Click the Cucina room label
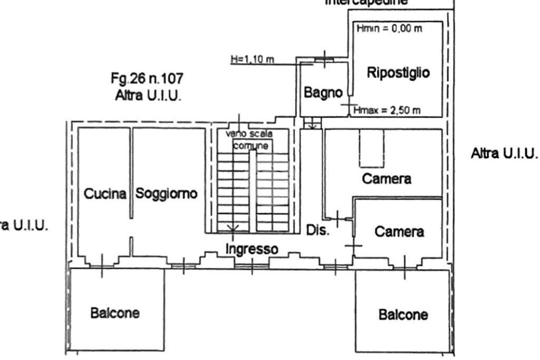click(x=105, y=194)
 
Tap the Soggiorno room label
click(x=166, y=193)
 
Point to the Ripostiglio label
click(x=398, y=73)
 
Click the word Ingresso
click(x=252, y=248)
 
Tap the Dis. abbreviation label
click(x=318, y=230)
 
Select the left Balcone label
click(x=115, y=313)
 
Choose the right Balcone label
click(x=403, y=315)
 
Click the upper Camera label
click(x=387, y=179)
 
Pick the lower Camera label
click(x=399, y=231)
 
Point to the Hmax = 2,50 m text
click(x=387, y=110)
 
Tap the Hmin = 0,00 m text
click(x=389, y=28)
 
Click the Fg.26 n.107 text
click(x=147, y=79)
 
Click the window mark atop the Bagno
click(x=324, y=59)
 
